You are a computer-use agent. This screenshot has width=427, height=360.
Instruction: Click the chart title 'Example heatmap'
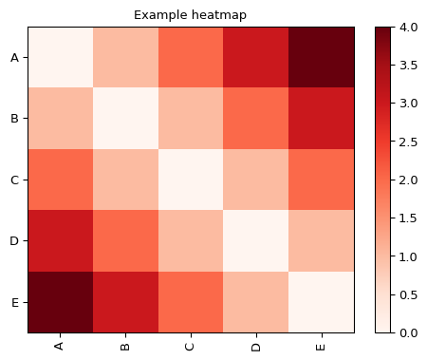point(192,15)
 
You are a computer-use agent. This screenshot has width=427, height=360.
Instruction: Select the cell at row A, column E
point(322,57)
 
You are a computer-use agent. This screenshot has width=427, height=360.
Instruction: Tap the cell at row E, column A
point(60,301)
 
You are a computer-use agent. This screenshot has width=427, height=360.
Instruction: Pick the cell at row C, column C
point(191,180)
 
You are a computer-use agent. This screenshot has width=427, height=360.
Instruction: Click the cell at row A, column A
point(60,57)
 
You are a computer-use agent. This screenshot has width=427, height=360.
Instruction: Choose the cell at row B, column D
point(256,118)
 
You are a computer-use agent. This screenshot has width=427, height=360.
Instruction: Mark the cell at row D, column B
point(125,240)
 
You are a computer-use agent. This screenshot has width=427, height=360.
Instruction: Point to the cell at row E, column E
point(322,301)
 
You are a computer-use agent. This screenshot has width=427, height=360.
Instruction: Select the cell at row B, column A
point(60,118)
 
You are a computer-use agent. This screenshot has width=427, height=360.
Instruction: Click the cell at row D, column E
point(322,240)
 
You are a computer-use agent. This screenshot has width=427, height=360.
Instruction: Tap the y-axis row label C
point(14,180)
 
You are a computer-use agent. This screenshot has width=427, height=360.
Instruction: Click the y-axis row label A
point(14,57)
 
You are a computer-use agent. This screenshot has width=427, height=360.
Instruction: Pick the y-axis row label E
point(14,301)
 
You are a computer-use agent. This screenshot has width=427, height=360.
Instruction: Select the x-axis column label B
point(125,346)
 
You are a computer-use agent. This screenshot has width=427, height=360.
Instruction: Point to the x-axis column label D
point(256,346)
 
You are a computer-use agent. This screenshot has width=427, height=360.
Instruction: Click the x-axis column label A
point(60,346)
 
